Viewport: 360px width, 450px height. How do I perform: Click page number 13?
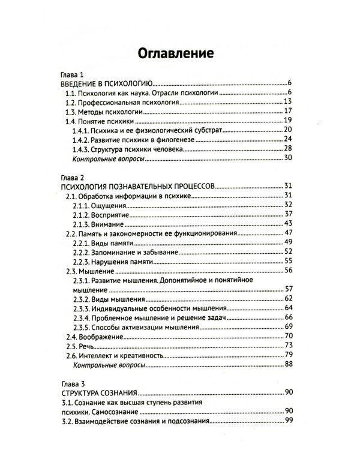(x=287, y=102)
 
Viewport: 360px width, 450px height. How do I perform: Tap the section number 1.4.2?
(x=80, y=140)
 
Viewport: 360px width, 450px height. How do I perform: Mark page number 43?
(x=287, y=223)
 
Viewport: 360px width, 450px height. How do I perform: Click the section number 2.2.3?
(x=81, y=262)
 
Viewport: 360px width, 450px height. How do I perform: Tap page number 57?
(x=287, y=290)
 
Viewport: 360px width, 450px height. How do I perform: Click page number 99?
(x=287, y=421)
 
